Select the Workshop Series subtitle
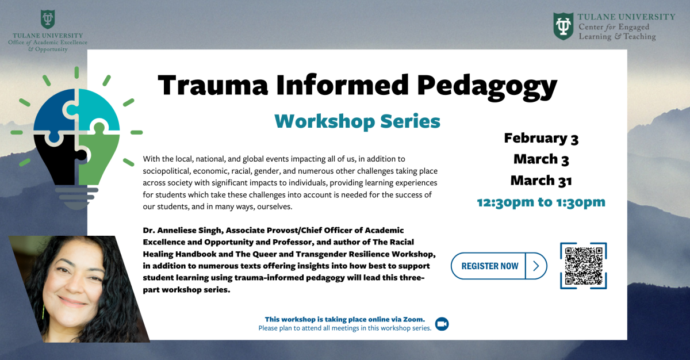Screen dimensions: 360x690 (357, 121)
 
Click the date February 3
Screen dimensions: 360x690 (541, 138)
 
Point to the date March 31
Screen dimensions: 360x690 (541, 181)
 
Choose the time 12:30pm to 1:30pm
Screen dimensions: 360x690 (541, 202)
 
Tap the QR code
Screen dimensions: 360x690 (583, 266)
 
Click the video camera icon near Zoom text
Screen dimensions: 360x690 (442, 324)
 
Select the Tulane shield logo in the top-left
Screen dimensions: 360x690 (48, 20)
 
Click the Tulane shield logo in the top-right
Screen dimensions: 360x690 (563, 26)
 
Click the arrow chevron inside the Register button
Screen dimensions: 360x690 (536, 266)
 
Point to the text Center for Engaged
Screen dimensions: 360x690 (614, 27)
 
